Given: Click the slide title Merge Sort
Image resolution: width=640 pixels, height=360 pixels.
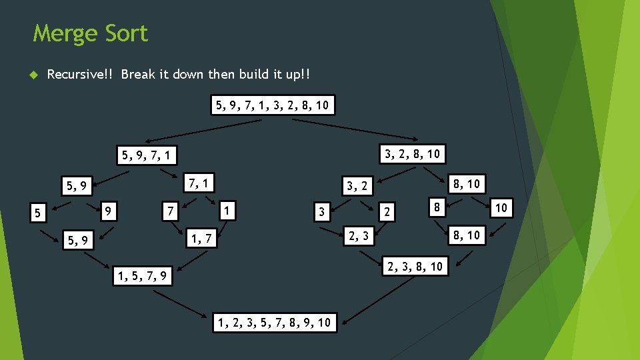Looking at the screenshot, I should pos(91,33).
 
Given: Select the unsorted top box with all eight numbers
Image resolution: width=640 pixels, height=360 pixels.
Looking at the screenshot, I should pos(273,105).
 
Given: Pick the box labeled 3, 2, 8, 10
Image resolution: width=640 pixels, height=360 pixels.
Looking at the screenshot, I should pos(411,154).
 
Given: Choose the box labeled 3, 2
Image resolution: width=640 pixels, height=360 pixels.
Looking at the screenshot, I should pos(357,185).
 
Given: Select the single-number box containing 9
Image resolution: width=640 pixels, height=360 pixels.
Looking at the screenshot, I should pos(108,211).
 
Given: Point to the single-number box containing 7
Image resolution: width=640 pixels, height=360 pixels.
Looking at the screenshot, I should pos(171,211).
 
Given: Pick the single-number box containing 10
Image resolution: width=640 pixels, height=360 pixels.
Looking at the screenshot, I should pos(501,208).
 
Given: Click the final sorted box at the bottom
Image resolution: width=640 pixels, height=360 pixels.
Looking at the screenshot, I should pos(275,323).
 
